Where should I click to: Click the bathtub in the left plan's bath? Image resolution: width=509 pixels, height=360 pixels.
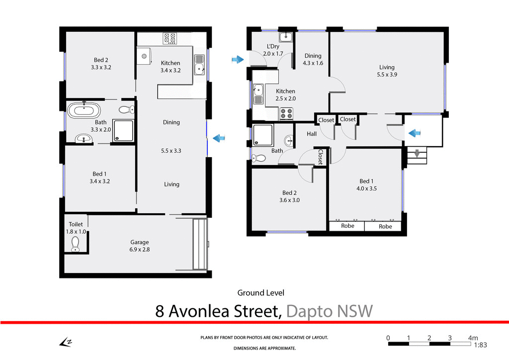pos(84,110)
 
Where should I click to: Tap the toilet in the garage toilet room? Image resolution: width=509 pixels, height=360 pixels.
pos(75,244)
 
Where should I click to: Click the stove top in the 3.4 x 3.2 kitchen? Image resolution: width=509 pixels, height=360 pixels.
pos(170,38)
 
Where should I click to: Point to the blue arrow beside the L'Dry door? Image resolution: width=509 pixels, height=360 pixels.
pos(238,60)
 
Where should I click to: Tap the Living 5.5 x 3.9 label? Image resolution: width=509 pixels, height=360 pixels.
pos(387,71)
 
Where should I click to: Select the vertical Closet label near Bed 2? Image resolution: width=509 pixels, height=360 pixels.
pos(321,157)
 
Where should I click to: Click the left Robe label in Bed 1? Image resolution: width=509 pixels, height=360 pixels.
pos(347,226)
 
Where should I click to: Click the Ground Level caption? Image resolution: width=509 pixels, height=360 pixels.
pos(260,293)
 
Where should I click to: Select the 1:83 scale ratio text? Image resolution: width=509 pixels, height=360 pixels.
pos(480,345)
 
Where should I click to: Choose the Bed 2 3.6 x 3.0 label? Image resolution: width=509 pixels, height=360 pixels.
pos(291,196)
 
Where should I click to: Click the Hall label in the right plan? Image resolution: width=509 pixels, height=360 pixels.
pos(312,134)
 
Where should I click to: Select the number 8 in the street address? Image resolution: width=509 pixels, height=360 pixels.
pos(160,311)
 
